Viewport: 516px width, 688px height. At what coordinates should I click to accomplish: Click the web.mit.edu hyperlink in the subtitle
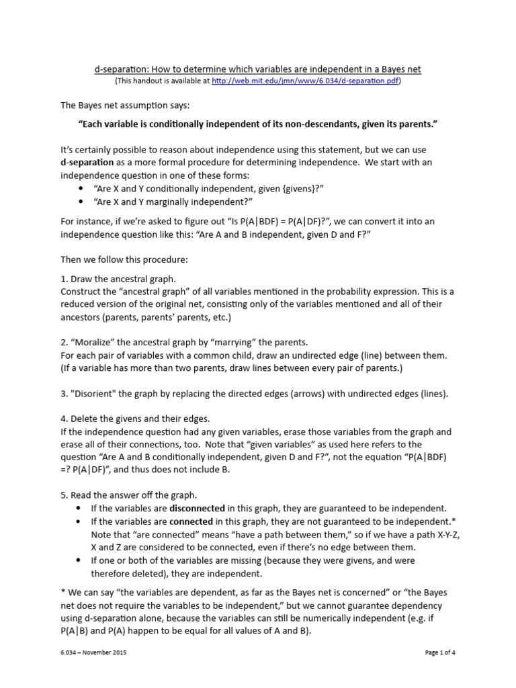click(x=305, y=81)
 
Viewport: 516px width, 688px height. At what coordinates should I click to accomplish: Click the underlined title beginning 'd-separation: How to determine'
click(x=257, y=69)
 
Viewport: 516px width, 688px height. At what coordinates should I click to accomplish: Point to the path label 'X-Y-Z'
click(x=445, y=534)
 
